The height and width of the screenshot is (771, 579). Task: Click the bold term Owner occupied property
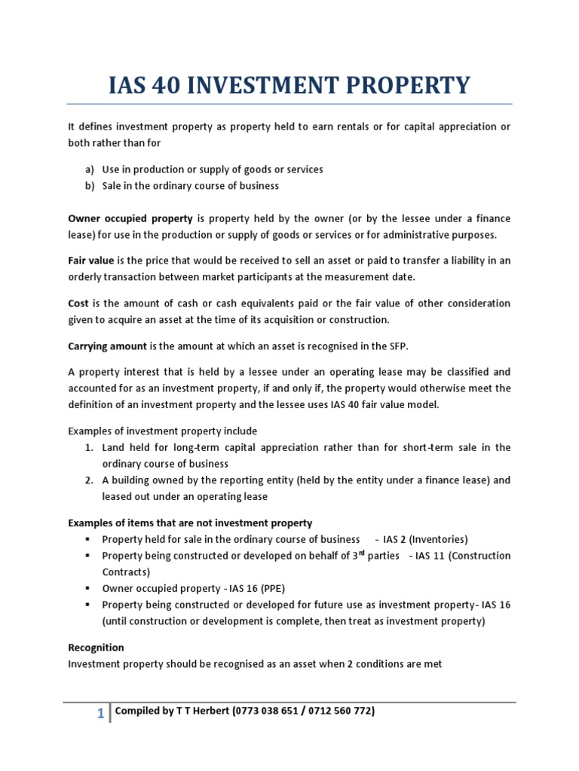click(x=130, y=218)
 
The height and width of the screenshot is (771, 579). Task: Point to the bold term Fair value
click(x=91, y=261)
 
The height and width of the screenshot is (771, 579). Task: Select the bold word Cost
click(x=78, y=303)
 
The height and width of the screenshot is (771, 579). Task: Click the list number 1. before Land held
click(x=88, y=447)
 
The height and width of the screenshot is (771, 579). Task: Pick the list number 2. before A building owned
click(x=88, y=480)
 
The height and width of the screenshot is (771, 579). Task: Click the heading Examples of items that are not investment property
click(x=190, y=523)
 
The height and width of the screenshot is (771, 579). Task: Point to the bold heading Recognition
click(x=96, y=648)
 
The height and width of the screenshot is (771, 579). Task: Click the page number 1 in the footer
click(x=100, y=714)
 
